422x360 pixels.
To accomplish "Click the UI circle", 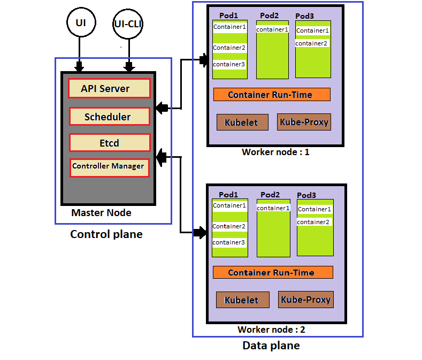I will pyautogui.click(x=80, y=23).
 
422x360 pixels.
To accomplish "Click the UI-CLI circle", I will pyautogui.click(x=128, y=24).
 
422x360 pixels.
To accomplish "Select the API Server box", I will pyautogui.click(x=109, y=88).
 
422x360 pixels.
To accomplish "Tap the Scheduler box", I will pyautogui.click(x=109, y=117).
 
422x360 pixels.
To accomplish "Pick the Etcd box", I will pyautogui.click(x=109, y=143).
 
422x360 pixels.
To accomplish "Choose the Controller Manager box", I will pyautogui.click(x=109, y=166).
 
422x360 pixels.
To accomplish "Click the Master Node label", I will pyautogui.click(x=101, y=213).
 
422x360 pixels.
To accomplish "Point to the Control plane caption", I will pyautogui.click(x=106, y=234).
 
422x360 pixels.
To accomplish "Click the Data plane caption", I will pyautogui.click(x=271, y=346).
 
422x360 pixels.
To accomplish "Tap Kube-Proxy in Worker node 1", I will pyautogui.click(x=304, y=122).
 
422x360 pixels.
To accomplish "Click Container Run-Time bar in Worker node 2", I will pyautogui.click(x=272, y=272).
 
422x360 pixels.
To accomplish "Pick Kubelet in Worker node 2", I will pyautogui.click(x=241, y=300).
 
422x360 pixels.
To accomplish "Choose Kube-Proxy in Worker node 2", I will pyautogui.click(x=305, y=300).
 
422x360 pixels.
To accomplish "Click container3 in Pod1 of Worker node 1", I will pyautogui.click(x=229, y=65).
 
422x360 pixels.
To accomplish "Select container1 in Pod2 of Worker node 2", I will pyautogui.click(x=273, y=208).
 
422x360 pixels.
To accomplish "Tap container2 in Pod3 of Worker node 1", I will pyautogui.click(x=311, y=43).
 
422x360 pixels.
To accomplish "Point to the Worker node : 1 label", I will pyautogui.click(x=275, y=152).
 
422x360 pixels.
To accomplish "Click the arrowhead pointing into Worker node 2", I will pyautogui.click(x=201, y=232).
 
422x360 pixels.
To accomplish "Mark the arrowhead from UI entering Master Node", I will pyautogui.click(x=80, y=67).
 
